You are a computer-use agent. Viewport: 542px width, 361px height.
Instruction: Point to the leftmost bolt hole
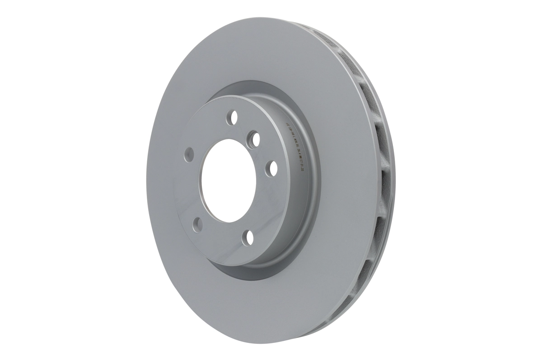point(189,155)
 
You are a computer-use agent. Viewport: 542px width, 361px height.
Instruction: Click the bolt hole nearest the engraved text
point(273,168)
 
